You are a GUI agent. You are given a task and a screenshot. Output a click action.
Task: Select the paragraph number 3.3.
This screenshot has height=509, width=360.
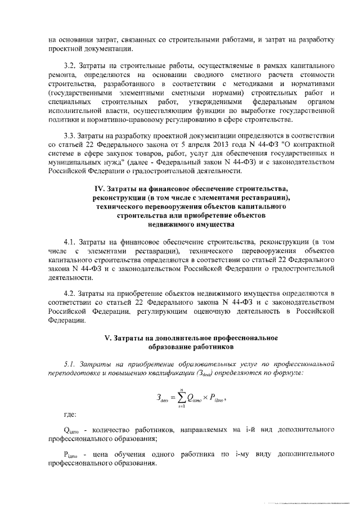pos(73,136)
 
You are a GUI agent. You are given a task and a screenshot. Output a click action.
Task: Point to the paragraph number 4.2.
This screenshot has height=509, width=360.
pos(73,294)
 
